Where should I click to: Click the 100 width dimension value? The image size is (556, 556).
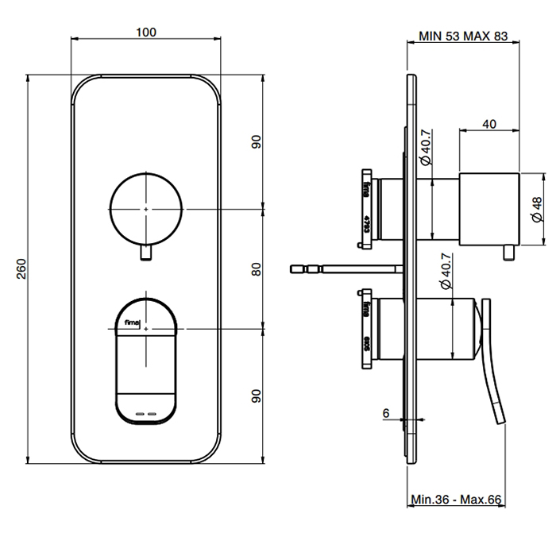click(145, 33)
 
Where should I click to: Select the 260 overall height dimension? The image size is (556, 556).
click(18, 270)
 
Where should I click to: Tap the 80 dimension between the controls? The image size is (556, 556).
click(256, 270)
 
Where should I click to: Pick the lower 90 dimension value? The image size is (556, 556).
click(256, 397)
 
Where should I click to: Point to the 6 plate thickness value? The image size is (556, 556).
click(386, 413)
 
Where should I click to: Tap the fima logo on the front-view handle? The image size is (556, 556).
click(127, 322)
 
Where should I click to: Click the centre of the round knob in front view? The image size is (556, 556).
click(146, 208)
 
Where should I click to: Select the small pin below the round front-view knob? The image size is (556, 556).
click(146, 253)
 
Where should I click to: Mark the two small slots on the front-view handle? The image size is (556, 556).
click(145, 414)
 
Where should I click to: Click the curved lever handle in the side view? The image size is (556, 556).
click(495, 373)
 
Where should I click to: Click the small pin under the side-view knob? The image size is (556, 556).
click(508, 253)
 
